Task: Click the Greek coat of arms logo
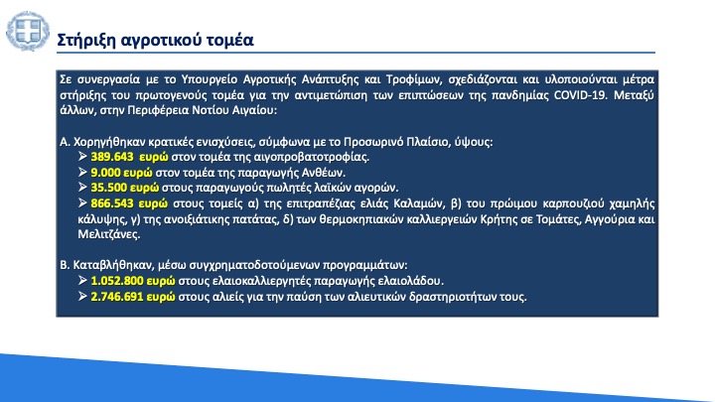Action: pos(28,31)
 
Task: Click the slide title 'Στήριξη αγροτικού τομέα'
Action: pos(155,40)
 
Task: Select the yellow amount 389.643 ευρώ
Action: pos(129,157)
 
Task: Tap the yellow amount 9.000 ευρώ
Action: pos(121,173)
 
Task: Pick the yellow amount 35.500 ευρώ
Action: pos(125,188)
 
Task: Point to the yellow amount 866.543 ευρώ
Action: pos(129,203)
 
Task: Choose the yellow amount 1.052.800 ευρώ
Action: pos(133,281)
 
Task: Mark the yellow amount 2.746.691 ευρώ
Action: pos(133,297)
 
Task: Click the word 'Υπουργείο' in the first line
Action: pos(210,79)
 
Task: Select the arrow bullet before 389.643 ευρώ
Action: pos(82,157)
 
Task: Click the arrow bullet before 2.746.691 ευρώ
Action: pos(82,296)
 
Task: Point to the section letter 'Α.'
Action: pos(65,142)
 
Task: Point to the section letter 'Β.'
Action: pos(65,265)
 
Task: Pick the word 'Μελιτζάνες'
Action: pos(107,234)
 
